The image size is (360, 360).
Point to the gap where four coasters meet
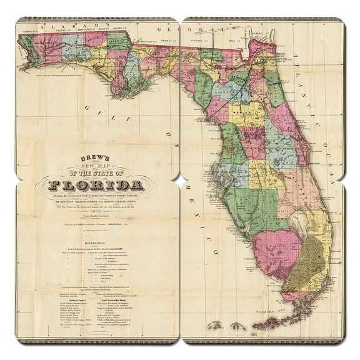pos(180,179)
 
